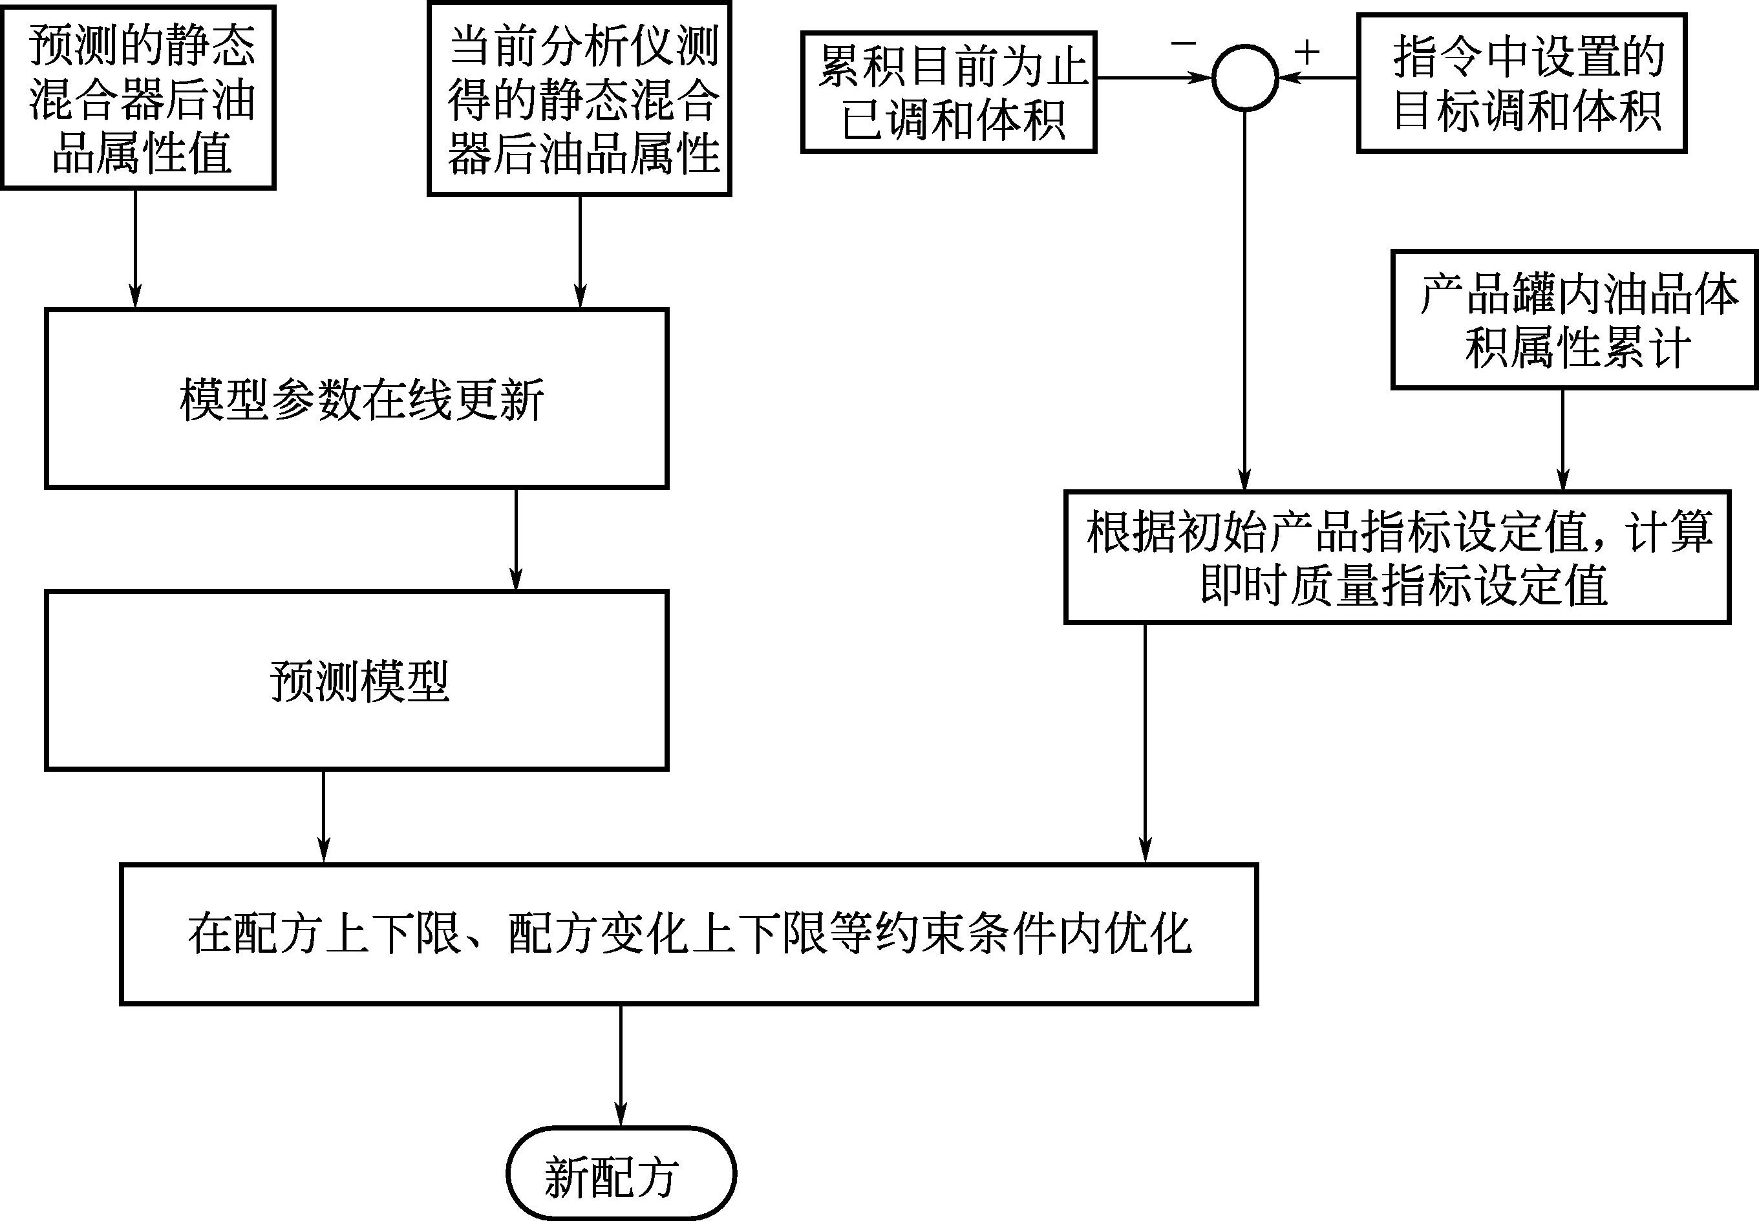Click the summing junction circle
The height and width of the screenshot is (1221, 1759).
(1245, 78)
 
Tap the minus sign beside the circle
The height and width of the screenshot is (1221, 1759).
(1183, 43)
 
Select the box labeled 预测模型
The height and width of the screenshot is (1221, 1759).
(357, 680)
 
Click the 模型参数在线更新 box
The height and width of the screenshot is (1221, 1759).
(357, 398)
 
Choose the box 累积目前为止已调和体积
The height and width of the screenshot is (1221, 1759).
(949, 92)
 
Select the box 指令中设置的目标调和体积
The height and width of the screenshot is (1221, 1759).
(1521, 83)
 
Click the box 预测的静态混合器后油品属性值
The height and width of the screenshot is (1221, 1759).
(138, 97)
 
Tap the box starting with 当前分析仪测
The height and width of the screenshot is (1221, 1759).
(579, 99)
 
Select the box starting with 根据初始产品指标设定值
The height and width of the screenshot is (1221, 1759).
(1397, 556)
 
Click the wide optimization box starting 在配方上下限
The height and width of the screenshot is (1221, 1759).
(688, 933)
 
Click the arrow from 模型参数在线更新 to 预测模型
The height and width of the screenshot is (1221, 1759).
(516, 538)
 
